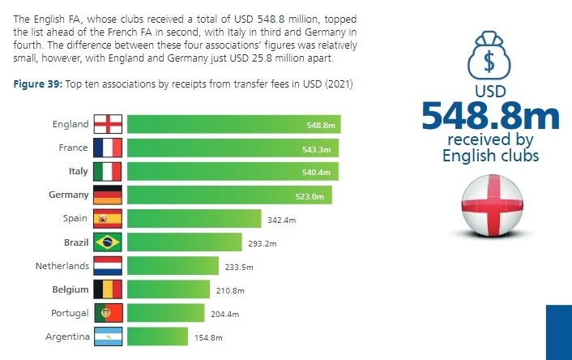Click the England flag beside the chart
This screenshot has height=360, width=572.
click(108, 124)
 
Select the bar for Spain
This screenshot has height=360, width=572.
click(194, 219)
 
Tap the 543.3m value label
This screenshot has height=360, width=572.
click(316, 149)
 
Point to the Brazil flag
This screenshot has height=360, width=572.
click(108, 242)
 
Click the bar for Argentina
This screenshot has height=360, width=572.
click(158, 336)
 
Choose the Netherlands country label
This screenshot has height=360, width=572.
click(62, 266)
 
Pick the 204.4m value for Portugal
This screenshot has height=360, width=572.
click(225, 314)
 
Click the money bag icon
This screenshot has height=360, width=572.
click(489, 55)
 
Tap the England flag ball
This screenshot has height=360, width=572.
click(492, 205)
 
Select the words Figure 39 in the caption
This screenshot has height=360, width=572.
click(38, 84)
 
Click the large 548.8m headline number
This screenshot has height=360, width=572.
click(491, 116)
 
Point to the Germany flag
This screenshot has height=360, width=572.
click(108, 195)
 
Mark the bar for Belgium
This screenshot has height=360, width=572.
click(169, 289)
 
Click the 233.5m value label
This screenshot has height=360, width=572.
click(239, 268)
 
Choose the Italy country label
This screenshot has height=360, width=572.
click(79, 171)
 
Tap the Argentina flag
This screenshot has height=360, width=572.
click(109, 336)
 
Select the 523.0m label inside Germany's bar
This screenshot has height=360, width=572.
click(309, 196)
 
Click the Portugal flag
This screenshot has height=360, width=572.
click(109, 313)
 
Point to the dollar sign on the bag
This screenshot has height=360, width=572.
click(489, 61)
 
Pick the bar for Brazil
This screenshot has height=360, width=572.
click(185, 242)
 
